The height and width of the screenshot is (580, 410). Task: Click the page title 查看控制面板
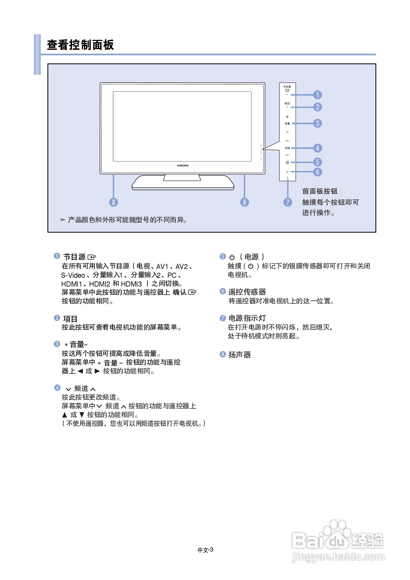pyautogui.click(x=80, y=45)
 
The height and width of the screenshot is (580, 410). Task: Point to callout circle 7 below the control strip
pyautogui.click(x=287, y=202)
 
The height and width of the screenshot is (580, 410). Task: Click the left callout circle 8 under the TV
pyautogui.click(x=113, y=202)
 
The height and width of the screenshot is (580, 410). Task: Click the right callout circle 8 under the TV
pyautogui.click(x=244, y=202)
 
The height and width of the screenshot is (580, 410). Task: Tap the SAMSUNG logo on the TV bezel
pyautogui.click(x=183, y=166)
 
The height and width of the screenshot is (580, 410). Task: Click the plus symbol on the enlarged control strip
pyautogui.click(x=287, y=117)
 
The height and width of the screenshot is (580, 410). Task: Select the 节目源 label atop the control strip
pyautogui.click(x=287, y=87)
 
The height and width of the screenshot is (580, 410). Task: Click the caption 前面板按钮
pyautogui.click(x=320, y=191)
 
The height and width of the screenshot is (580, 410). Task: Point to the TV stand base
pyautogui.click(x=183, y=185)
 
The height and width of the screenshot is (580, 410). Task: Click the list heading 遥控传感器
pyautogui.click(x=247, y=292)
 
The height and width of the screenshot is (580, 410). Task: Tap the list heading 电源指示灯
pyautogui.click(x=247, y=318)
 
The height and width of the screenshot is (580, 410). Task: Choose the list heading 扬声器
pyautogui.click(x=239, y=355)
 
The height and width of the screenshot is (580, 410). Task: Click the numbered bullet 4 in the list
pyautogui.click(x=57, y=388)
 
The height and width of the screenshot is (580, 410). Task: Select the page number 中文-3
pyautogui.click(x=205, y=550)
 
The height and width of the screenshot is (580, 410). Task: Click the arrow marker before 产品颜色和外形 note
pyautogui.click(x=63, y=220)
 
